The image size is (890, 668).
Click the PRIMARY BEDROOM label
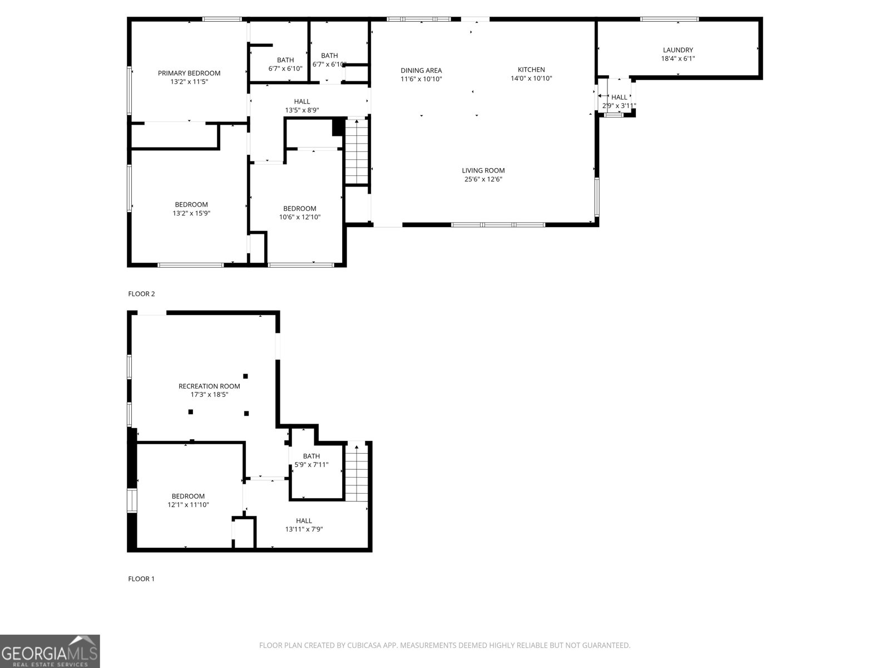(x=189, y=73)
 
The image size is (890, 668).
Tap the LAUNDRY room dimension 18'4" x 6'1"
(x=678, y=58)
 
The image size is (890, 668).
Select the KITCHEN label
(x=531, y=70)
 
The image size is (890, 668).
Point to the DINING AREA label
(x=421, y=70)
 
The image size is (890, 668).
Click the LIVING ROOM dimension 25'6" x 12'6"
(x=483, y=179)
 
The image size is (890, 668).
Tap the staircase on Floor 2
(x=357, y=151)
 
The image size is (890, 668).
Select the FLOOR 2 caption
(x=141, y=294)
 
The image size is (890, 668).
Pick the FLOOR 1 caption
(x=141, y=579)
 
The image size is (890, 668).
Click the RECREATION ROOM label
(x=209, y=386)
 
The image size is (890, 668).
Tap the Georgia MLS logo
(x=50, y=651)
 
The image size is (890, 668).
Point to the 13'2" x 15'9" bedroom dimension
(x=191, y=213)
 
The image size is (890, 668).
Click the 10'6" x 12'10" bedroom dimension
(x=300, y=217)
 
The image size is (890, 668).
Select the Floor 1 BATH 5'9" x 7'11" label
(x=311, y=456)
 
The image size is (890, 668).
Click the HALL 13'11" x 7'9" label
(x=304, y=521)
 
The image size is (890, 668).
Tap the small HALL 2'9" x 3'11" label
(x=619, y=97)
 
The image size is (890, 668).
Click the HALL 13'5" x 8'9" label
(x=302, y=101)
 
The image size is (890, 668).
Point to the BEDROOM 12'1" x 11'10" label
(x=188, y=496)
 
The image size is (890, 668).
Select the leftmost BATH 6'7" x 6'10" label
(x=285, y=60)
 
